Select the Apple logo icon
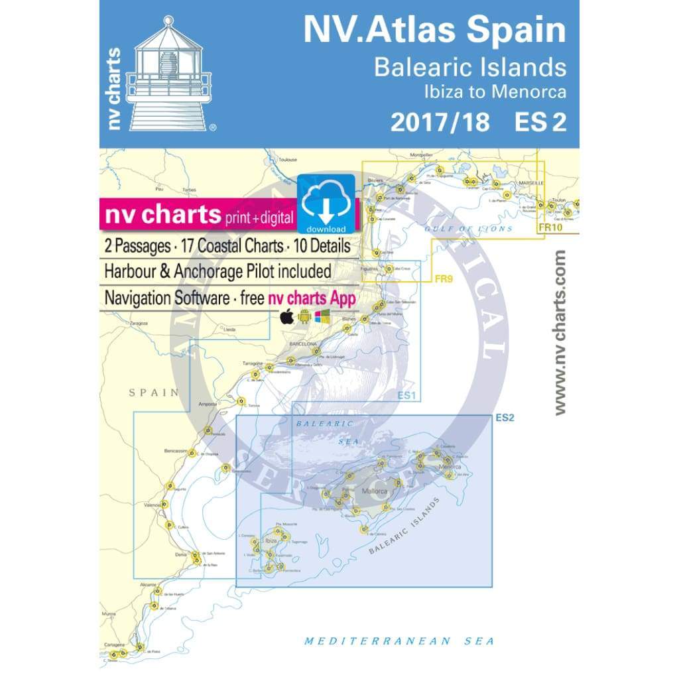tap(286, 317)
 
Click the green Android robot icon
tap(304, 317)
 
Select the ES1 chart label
tap(407, 396)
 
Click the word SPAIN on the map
tap(154, 393)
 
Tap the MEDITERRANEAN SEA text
tap(399, 641)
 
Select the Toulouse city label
tap(287, 160)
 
